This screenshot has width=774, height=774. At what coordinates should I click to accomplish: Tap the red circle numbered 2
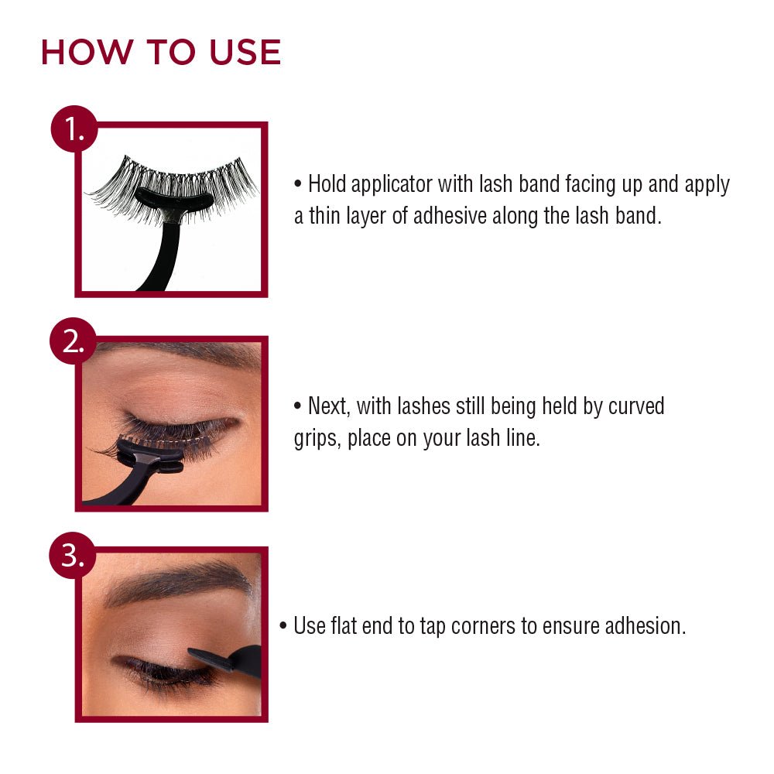pyautogui.click(x=73, y=342)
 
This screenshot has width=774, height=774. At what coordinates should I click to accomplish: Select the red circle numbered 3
pyautogui.click(x=73, y=555)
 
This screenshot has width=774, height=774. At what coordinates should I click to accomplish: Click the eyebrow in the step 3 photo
pyautogui.click(x=178, y=583)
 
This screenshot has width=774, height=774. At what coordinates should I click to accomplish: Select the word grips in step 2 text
pyautogui.click(x=317, y=438)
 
